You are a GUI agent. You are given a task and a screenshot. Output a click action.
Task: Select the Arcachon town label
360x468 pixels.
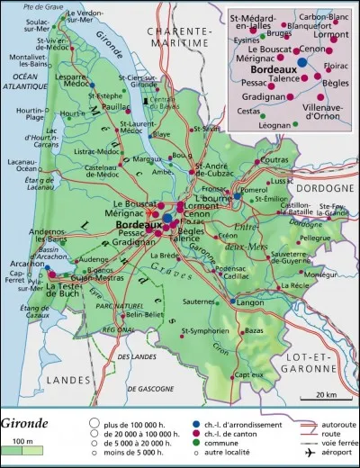(17, 264)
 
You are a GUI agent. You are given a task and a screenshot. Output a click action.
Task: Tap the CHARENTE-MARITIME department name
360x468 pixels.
(172, 37)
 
